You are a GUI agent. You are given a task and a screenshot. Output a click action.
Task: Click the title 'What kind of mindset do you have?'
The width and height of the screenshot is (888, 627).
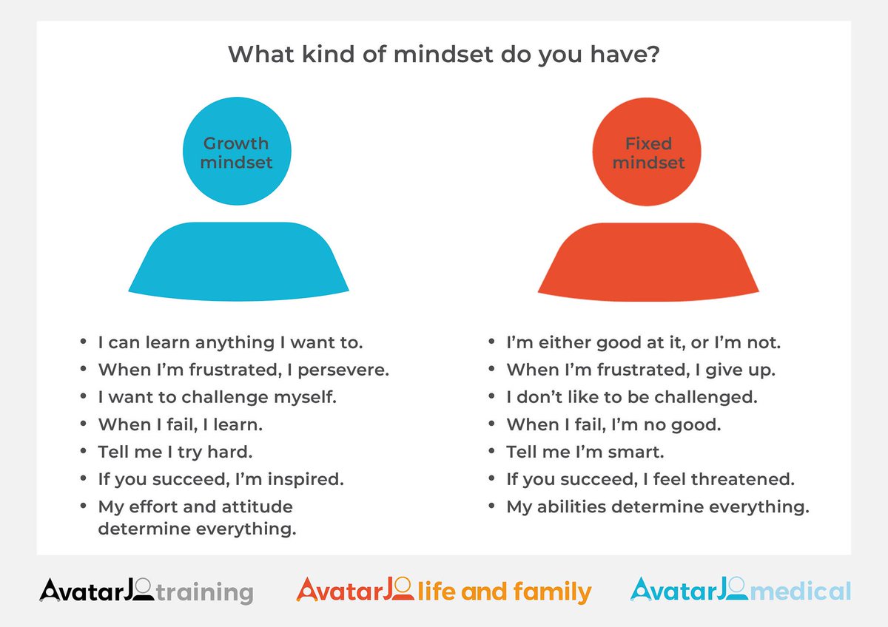coord(444,55)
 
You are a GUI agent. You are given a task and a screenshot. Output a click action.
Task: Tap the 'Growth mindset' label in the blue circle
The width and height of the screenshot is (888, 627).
coord(236,152)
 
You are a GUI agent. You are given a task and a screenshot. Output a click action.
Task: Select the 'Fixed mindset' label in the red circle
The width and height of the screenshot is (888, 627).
coord(648,152)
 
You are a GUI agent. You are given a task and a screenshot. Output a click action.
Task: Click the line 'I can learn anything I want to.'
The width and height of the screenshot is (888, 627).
coord(230,342)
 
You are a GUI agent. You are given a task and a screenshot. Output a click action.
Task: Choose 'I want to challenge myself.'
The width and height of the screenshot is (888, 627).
coord(217,397)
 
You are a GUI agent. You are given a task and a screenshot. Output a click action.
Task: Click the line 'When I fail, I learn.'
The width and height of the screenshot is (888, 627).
coord(180,424)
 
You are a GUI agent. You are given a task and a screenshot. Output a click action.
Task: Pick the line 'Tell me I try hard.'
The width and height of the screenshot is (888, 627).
coord(175,452)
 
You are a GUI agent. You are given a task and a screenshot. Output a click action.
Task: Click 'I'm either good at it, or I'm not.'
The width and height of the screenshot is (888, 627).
coord(643,342)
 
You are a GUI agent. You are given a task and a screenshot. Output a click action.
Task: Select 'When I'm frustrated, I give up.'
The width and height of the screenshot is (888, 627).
coord(640,370)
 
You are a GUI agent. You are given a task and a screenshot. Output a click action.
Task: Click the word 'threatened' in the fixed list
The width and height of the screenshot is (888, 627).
coord(742,479)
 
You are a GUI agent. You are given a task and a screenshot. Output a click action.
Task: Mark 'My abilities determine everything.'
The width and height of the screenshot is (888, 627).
coord(657,506)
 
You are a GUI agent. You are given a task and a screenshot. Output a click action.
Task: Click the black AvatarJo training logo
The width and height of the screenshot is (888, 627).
coord(147,591)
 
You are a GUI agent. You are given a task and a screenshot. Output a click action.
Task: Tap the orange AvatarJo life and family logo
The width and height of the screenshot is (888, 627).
coord(444,591)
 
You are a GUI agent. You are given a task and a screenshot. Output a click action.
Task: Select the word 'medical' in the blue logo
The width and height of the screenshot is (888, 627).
coord(809,591)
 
